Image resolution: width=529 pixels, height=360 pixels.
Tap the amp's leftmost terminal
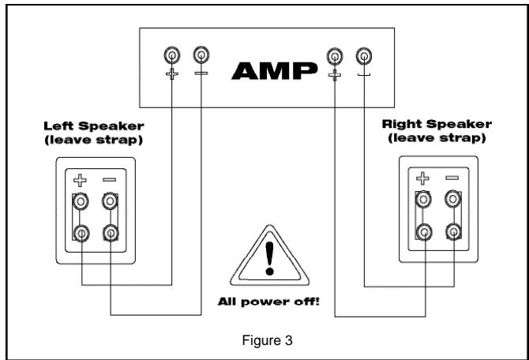pyautogui.click(x=171, y=55)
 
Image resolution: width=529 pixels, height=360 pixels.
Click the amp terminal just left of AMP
pyautogui.click(x=201, y=55)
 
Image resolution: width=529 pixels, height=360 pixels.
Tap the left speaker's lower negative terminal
pyautogui.click(x=110, y=234)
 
